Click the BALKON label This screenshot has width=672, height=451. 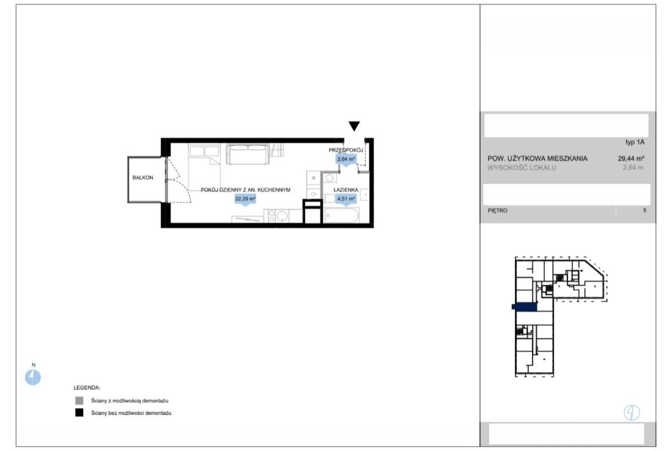[x=142, y=178]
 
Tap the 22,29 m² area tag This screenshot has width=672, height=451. [x=245, y=199]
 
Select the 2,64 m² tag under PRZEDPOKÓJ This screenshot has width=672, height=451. [x=346, y=159]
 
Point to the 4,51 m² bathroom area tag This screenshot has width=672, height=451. [x=346, y=199]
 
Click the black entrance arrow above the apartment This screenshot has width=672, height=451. [x=354, y=126]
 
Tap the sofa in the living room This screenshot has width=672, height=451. [x=248, y=155]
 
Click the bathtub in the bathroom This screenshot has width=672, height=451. [x=342, y=215]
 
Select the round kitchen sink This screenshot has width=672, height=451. [x=281, y=217]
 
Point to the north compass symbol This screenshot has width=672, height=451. [x=33, y=377]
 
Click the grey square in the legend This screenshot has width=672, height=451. [x=79, y=401]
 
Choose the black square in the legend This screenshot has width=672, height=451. [x=79, y=413]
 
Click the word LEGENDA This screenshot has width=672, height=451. [x=87, y=388]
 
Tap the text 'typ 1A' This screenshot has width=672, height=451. [x=635, y=142]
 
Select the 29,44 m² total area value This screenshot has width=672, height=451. [x=631, y=158]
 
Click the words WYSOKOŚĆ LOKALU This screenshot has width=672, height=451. [x=522, y=168]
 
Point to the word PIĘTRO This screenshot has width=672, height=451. [x=497, y=210]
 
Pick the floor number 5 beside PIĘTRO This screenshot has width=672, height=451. [x=644, y=210]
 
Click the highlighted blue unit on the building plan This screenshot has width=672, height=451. [x=524, y=307]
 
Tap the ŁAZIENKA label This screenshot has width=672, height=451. [x=346, y=190]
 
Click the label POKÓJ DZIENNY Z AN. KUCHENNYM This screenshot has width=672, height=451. [x=246, y=190]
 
